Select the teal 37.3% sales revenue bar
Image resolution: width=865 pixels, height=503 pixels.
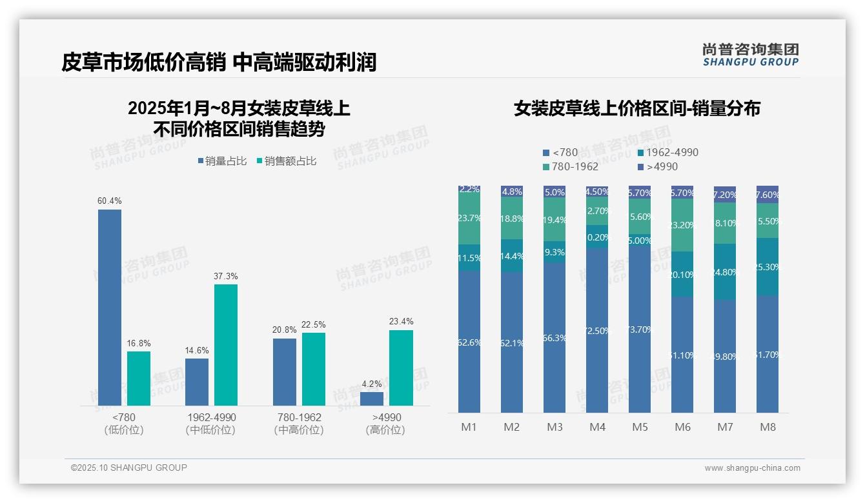[x=226, y=344]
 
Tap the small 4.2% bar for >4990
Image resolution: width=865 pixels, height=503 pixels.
[x=372, y=399]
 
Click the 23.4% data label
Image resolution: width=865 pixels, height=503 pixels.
[x=401, y=321]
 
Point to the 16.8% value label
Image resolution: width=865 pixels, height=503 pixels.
[x=139, y=343]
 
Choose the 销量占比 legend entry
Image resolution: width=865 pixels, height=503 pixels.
[x=222, y=161]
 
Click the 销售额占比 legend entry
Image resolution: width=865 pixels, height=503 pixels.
[x=287, y=161]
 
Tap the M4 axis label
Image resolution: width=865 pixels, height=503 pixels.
[x=597, y=427]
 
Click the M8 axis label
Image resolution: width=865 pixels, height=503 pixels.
[x=768, y=427]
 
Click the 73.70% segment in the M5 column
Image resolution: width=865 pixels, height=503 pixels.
[x=640, y=329]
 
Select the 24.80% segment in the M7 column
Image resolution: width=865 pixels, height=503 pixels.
[x=725, y=272]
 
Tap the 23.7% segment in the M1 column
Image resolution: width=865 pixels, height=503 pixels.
[x=469, y=219]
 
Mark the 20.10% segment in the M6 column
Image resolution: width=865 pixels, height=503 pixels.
[x=682, y=274]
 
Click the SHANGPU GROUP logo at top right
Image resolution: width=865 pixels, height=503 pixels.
[x=750, y=55]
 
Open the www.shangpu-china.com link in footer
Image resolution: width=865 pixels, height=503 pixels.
[x=752, y=468]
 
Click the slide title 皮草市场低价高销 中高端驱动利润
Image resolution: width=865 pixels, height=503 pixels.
[x=219, y=63]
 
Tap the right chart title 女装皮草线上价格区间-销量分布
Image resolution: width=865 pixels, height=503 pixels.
[x=636, y=108]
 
